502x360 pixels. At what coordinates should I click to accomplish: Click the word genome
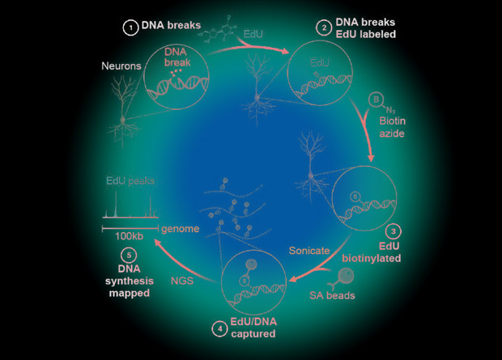179,229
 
